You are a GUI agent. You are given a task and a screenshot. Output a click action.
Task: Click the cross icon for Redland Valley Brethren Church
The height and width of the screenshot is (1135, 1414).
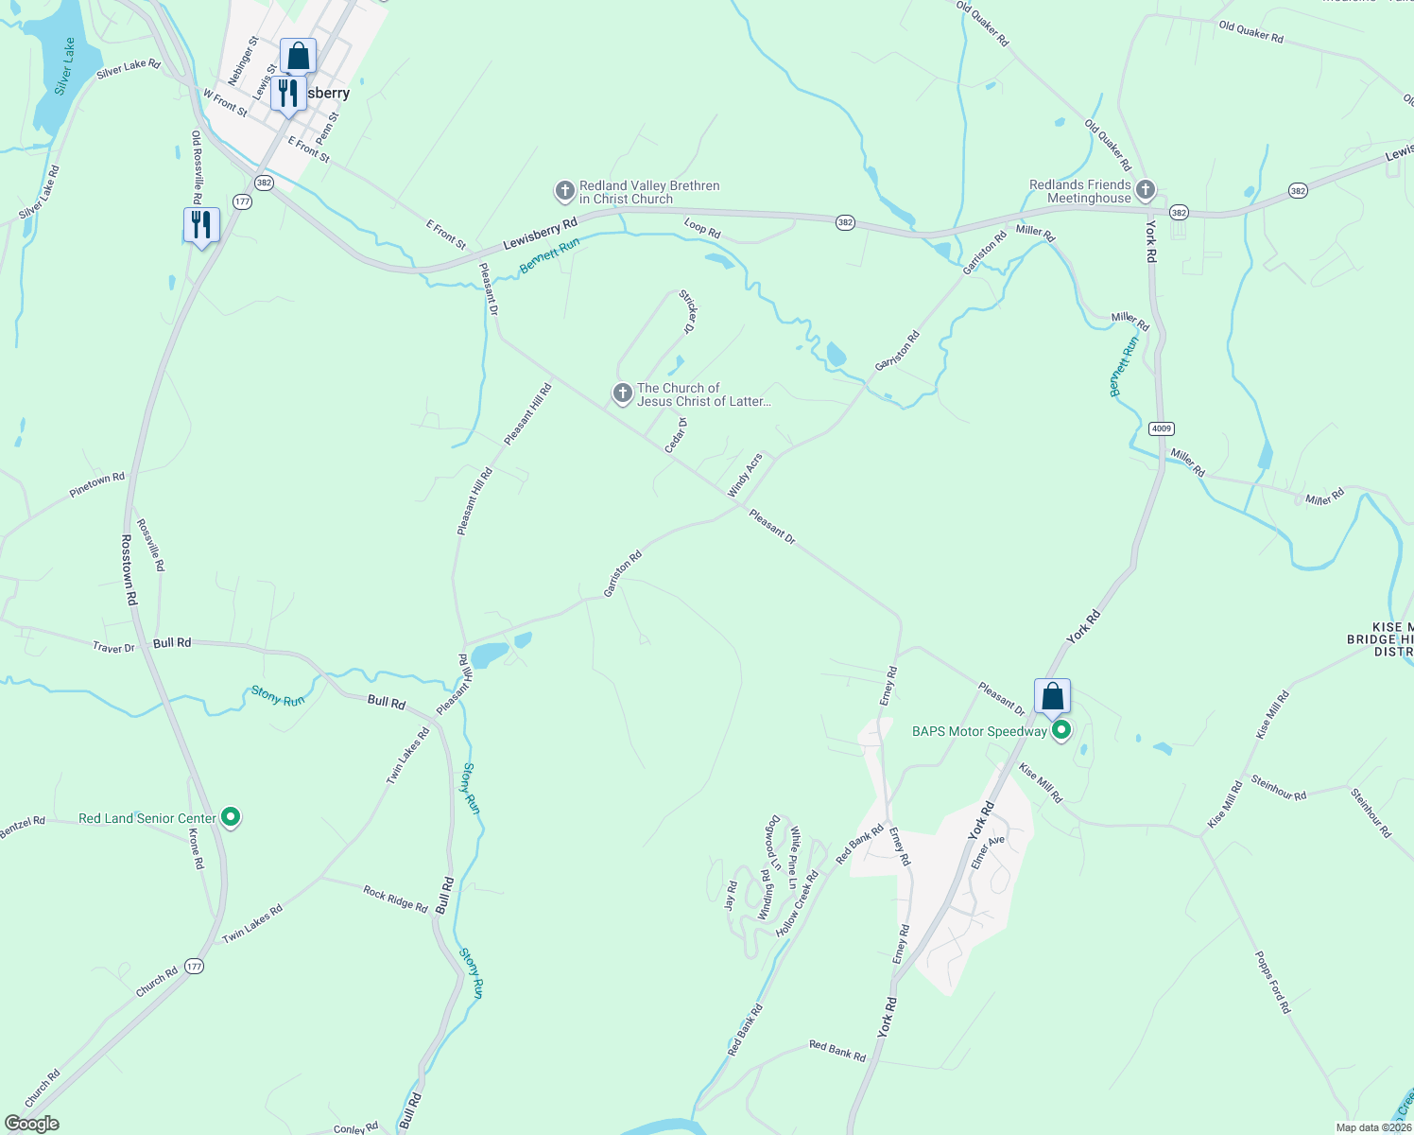564,192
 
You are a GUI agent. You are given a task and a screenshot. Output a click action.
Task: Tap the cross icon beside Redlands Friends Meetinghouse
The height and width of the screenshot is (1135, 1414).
1146,191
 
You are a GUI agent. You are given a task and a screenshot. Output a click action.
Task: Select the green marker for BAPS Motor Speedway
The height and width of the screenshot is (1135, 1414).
1061,730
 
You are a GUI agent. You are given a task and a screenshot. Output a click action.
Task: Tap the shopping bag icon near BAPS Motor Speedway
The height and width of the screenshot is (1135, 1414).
1052,698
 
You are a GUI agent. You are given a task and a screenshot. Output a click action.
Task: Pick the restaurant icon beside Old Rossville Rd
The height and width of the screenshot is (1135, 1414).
201,225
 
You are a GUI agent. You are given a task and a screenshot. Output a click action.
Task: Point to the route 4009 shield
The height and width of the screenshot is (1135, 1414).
1162,428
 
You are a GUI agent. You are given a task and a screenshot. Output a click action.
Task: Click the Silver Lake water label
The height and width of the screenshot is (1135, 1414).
64,66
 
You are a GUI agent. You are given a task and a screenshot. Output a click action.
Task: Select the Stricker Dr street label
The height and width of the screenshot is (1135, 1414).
688,313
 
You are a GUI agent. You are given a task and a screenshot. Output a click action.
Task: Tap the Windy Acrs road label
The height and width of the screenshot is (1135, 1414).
745,476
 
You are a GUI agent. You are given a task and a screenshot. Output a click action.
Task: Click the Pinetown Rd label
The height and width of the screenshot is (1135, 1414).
96,484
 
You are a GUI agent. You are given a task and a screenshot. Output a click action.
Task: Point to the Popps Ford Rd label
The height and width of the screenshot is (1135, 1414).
1272,982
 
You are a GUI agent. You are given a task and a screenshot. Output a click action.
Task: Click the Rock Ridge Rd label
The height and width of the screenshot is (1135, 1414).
395,898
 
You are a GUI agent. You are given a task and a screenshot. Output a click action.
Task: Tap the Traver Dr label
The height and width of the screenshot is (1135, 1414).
113,648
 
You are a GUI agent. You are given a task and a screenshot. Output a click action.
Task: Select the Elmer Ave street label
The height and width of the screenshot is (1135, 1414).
988,852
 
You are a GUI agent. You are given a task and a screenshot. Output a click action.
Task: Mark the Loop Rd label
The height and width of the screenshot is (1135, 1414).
702,227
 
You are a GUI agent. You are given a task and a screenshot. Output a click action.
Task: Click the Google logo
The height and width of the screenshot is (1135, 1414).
31,1124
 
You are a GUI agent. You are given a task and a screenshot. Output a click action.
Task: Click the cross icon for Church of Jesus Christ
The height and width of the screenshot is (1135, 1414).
622,393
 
